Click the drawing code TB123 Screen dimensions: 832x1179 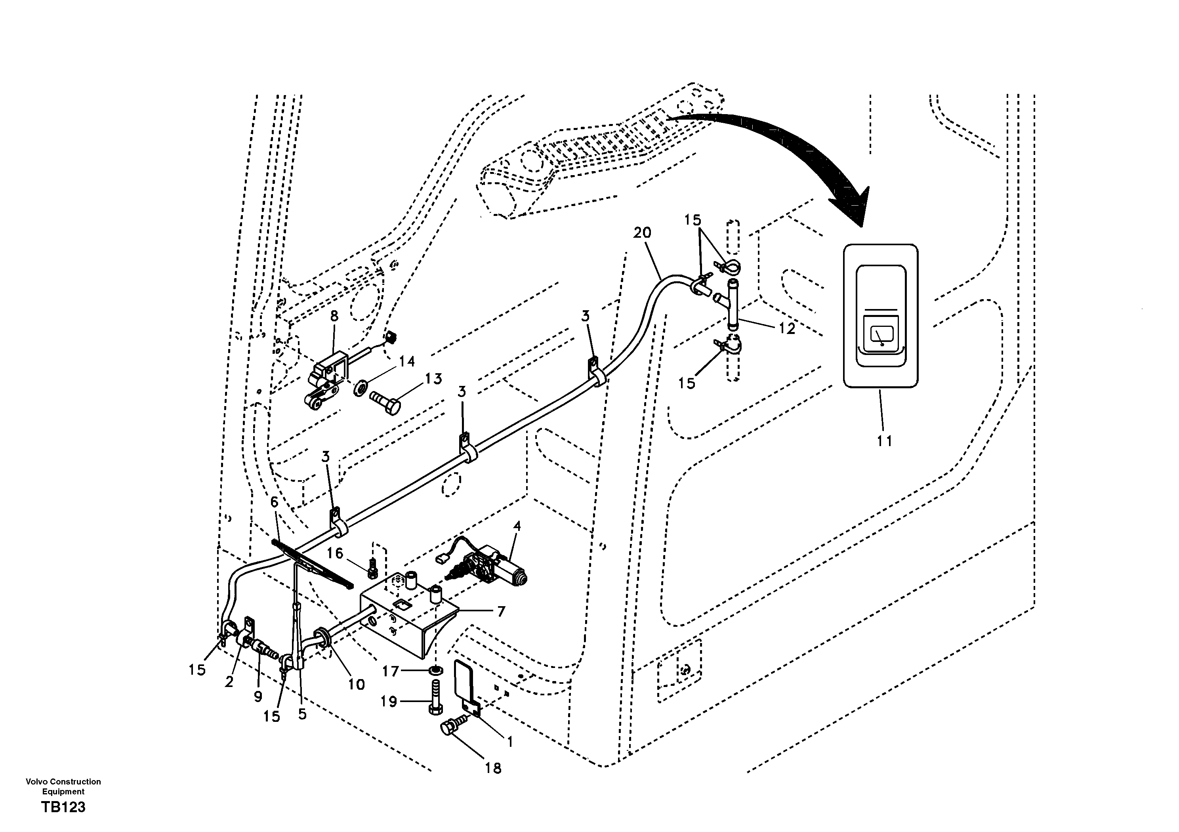click(x=63, y=808)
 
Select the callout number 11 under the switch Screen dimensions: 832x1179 click(x=884, y=440)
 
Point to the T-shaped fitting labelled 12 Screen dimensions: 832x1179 click(x=732, y=303)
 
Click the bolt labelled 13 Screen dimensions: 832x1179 click(x=385, y=401)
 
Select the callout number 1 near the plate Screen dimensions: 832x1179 click(x=509, y=742)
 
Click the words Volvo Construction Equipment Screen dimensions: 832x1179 click(x=63, y=786)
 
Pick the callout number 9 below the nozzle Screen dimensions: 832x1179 click(x=258, y=697)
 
